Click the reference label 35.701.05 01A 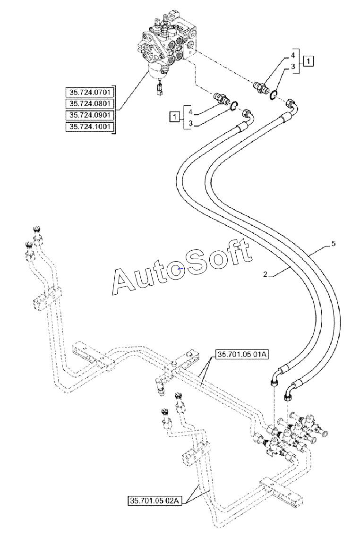(242, 355)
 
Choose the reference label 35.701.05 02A (155, 501)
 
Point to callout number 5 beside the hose (334, 243)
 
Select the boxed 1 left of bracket (175, 117)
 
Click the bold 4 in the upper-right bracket (292, 55)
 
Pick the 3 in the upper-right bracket (292, 67)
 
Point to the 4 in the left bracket (190, 112)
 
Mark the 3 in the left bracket (190, 124)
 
